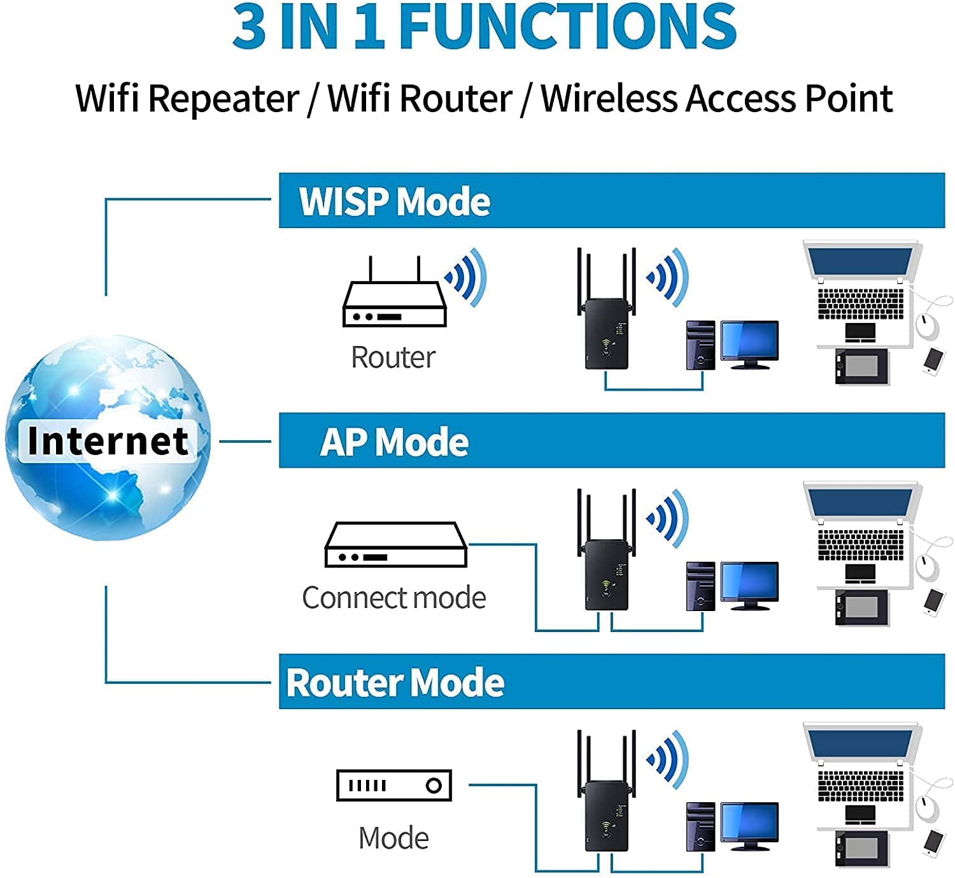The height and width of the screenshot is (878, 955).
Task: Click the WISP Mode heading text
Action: [x=394, y=201]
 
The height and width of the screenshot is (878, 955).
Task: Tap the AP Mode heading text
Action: [x=394, y=442]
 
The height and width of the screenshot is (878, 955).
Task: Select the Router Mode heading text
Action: [x=395, y=682]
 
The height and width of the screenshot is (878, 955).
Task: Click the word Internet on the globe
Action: [x=108, y=440]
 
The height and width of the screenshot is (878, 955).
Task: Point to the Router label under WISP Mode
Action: [x=393, y=357]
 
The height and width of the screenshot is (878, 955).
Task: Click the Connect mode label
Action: [x=393, y=598]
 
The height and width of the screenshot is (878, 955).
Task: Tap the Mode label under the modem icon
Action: [x=393, y=838]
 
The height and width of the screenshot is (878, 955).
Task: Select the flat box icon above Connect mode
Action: [x=395, y=545]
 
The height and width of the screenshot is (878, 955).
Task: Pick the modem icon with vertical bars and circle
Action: [x=393, y=786]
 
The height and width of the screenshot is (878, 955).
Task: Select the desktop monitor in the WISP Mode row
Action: [x=749, y=342]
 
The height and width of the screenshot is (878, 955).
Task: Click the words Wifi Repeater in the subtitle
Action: [x=187, y=99]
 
